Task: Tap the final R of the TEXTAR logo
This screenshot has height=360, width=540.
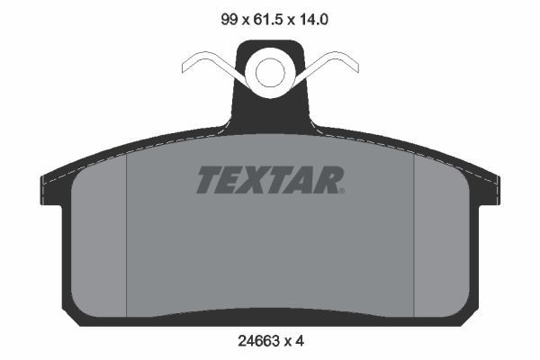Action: (x=328, y=180)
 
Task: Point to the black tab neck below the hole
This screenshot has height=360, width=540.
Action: (x=270, y=112)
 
